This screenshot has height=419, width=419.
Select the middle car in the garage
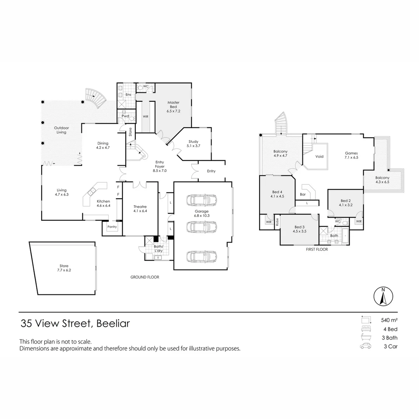pyautogui.click(x=201, y=227)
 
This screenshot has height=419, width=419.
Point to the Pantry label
pyautogui.click(x=112, y=227)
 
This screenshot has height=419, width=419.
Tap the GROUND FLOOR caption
pyautogui.click(x=144, y=277)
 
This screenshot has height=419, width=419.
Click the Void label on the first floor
pyautogui.click(x=320, y=157)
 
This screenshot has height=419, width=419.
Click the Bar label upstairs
pyautogui.click(x=303, y=194)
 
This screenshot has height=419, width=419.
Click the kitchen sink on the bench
pyautogui.click(x=92, y=191)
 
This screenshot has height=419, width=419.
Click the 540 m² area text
pyautogui.click(x=389, y=320)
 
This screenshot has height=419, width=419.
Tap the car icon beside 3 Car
pyautogui.click(x=365, y=346)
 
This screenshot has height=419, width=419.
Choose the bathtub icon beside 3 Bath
pyautogui.click(x=365, y=338)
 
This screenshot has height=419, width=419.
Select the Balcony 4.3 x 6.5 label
pyautogui.click(x=382, y=180)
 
